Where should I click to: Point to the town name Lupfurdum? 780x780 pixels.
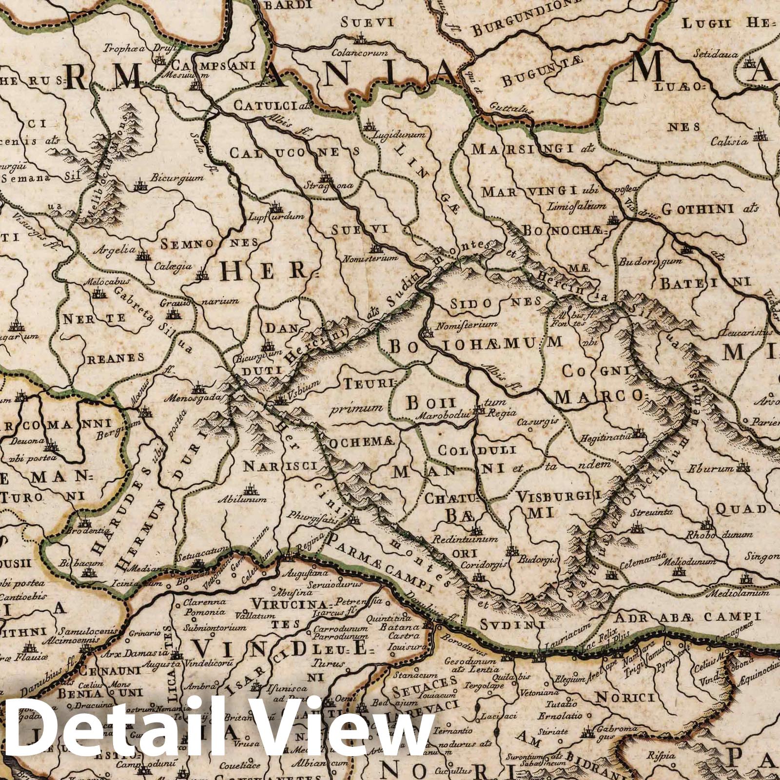(276, 216)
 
